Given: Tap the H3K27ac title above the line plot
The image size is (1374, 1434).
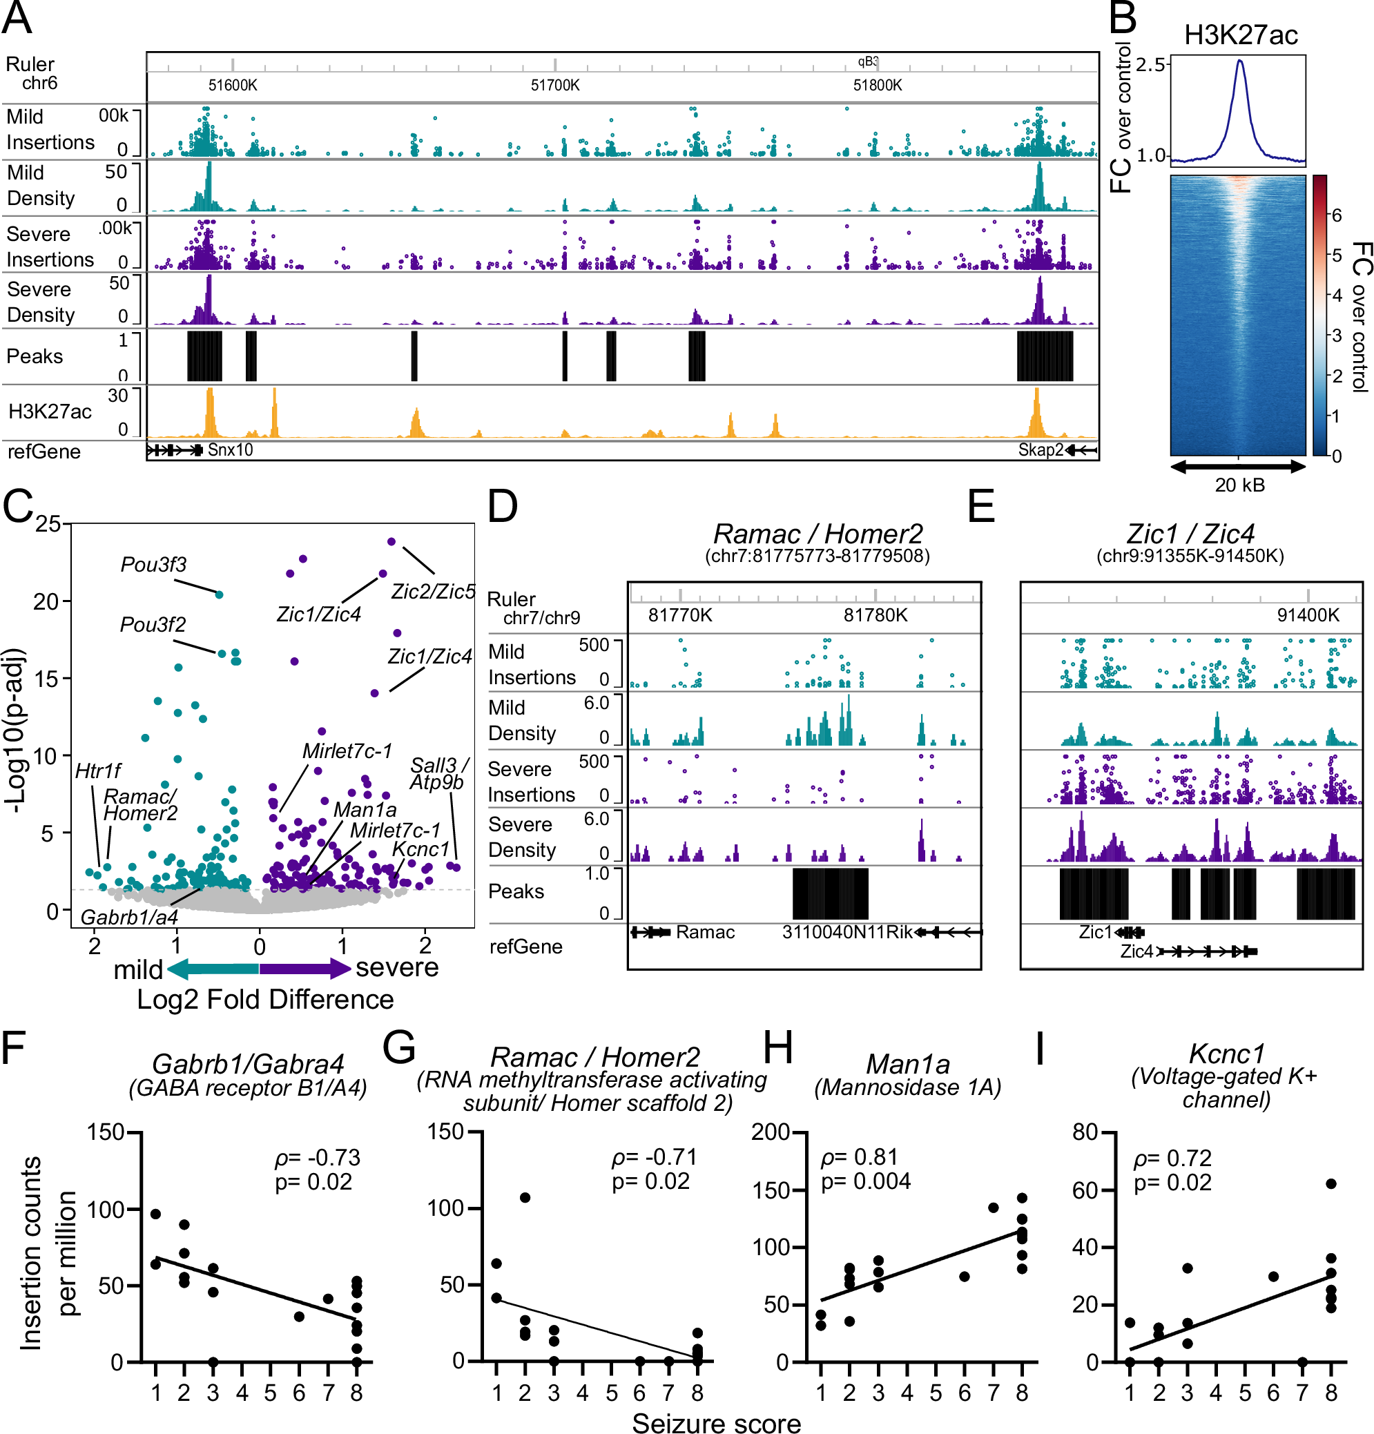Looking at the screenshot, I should point(1240,35).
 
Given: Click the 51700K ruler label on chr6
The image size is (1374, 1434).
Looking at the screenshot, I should point(554,86).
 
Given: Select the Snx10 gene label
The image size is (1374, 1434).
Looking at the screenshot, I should point(230,450).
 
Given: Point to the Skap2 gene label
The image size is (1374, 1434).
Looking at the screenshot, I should point(1040,450).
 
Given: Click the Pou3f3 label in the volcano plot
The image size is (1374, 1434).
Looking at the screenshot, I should point(154,565).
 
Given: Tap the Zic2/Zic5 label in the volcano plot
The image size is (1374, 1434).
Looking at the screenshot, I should point(433,591).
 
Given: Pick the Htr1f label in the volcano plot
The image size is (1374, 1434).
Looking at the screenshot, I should point(98,771).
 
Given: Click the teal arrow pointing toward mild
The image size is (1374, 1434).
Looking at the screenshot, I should point(212,969).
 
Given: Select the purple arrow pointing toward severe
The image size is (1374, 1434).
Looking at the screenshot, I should point(306,969).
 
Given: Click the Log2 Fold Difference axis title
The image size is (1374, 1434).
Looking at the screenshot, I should point(265,1000).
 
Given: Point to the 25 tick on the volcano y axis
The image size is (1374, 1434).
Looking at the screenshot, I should point(48,524).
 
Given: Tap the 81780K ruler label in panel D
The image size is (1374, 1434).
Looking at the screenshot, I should point(875,615).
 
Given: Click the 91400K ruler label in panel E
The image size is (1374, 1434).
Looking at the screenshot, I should point(1308,615).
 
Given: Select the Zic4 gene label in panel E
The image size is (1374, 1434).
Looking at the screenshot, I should point(1136,952).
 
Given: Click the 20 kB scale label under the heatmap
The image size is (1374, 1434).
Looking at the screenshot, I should point(1239,485).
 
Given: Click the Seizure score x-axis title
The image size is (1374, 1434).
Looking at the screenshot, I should point(715,1422).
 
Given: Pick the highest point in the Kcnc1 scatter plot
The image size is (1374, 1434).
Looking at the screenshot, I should point(1331,1184).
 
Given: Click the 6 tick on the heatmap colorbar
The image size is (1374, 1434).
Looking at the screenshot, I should point(1336,215).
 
